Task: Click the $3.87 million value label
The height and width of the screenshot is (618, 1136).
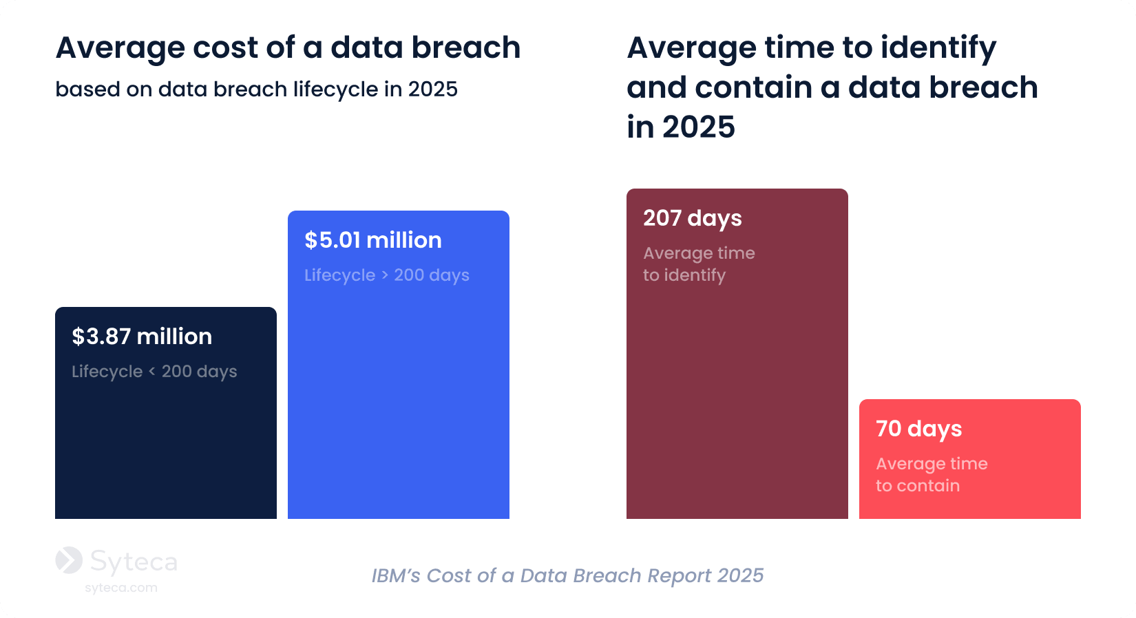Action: coord(142,337)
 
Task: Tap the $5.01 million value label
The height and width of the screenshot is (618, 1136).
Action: coord(373,240)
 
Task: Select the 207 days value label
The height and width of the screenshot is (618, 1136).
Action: coord(693,218)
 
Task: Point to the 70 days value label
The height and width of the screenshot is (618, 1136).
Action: coord(919,429)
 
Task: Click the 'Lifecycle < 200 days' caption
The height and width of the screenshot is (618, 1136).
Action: coord(154,372)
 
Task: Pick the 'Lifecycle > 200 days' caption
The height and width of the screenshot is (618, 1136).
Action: coord(387,275)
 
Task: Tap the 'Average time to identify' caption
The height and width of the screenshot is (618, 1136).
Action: coord(699,264)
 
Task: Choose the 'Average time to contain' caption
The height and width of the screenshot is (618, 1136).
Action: coord(932,475)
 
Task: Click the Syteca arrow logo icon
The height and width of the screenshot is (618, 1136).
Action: coord(69,560)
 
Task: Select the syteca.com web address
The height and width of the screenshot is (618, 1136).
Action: coord(121,588)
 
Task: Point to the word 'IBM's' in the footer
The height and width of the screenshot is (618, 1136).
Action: coord(396,575)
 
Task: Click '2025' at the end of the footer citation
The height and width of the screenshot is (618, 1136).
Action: coord(740,575)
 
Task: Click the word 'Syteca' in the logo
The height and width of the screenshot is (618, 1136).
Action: coord(134,562)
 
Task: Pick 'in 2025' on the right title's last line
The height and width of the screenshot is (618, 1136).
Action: coord(681,127)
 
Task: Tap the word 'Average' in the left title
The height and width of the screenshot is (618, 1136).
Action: coord(120,48)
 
